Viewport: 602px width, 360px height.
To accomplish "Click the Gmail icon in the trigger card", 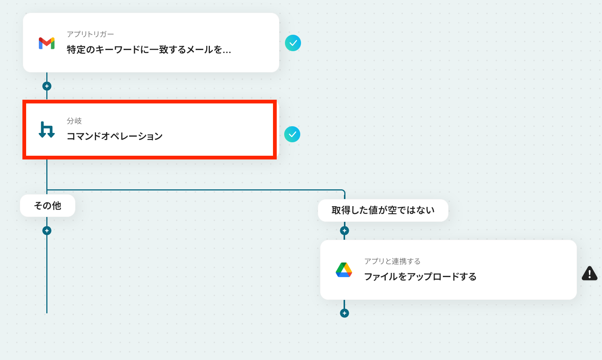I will pyautogui.click(x=47, y=43).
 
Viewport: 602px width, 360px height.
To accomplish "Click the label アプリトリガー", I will pyautogui.click(x=90, y=34).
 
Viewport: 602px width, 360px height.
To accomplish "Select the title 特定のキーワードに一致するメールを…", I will pyautogui.click(x=149, y=50).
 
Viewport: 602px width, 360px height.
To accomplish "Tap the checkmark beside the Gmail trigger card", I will pyautogui.click(x=293, y=43).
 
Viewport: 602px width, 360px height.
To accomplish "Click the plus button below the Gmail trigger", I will pyautogui.click(x=47, y=86).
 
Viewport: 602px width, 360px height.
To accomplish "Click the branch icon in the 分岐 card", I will pyautogui.click(x=47, y=130).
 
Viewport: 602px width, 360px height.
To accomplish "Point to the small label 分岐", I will pyautogui.click(x=74, y=121).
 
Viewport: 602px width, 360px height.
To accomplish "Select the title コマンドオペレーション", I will pyautogui.click(x=114, y=136).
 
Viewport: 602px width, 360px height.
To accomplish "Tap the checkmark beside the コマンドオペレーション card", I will pyautogui.click(x=292, y=134).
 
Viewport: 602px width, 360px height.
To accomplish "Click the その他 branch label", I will pyautogui.click(x=47, y=206).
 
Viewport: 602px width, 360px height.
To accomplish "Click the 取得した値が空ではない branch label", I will pyautogui.click(x=383, y=210).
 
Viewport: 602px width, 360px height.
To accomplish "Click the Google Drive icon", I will pyautogui.click(x=344, y=270).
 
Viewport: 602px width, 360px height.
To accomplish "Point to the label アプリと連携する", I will pyautogui.click(x=392, y=261).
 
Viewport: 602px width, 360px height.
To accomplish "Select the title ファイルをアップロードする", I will pyautogui.click(x=420, y=277).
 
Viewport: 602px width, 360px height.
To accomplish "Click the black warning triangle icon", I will pyautogui.click(x=589, y=274).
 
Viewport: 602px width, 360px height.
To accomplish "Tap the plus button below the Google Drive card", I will pyautogui.click(x=344, y=313).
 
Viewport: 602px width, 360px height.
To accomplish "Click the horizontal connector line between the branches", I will pyautogui.click(x=194, y=190).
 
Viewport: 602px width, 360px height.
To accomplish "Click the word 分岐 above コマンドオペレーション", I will pyautogui.click(x=74, y=121).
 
